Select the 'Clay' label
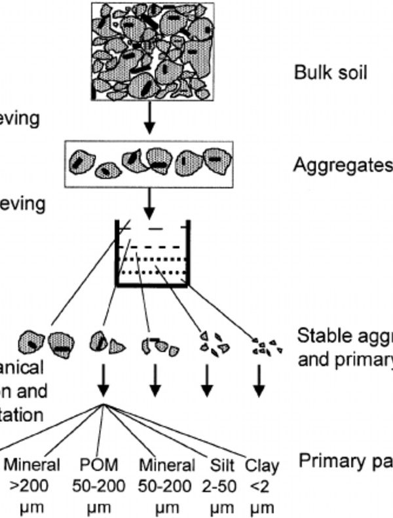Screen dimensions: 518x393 [262, 466]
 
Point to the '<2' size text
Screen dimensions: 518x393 [262, 487]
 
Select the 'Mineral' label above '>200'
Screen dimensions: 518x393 [32, 466]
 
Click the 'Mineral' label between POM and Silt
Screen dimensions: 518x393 [167, 466]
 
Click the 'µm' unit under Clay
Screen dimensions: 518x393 [262, 508]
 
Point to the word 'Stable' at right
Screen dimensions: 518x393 [320, 336]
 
